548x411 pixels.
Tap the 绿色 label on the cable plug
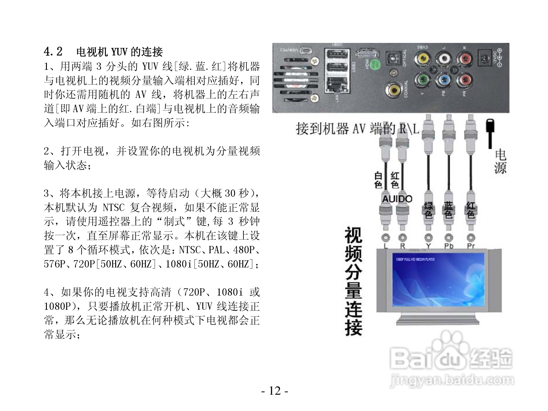tap(428, 210)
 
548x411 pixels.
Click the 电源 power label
tap(500, 162)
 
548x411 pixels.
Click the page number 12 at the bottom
tap(275, 391)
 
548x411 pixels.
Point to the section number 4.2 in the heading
tap(53, 52)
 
